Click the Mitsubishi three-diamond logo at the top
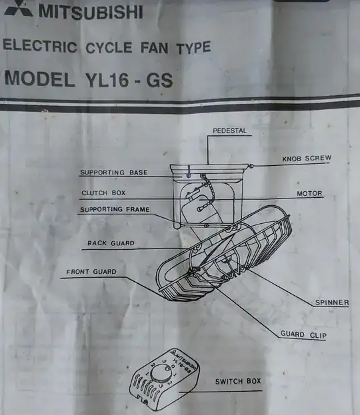coord(18,8)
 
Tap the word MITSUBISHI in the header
coord(91,12)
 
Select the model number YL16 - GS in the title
coord(129,80)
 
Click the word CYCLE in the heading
coord(109,48)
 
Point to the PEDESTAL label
coord(230,131)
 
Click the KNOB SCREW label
coord(307,159)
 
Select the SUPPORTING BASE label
coord(114,173)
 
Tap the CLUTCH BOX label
coord(103,193)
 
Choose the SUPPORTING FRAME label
coord(115,209)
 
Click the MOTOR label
coord(309,193)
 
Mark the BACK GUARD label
coord(111,243)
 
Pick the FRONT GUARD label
coord(91,272)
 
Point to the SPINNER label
coord(332,302)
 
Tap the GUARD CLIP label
coord(303,334)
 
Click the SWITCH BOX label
coord(238,382)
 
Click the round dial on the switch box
coord(161,374)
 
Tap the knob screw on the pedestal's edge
coord(251,167)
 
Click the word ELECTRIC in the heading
coord(40,45)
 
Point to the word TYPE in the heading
coord(193,48)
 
